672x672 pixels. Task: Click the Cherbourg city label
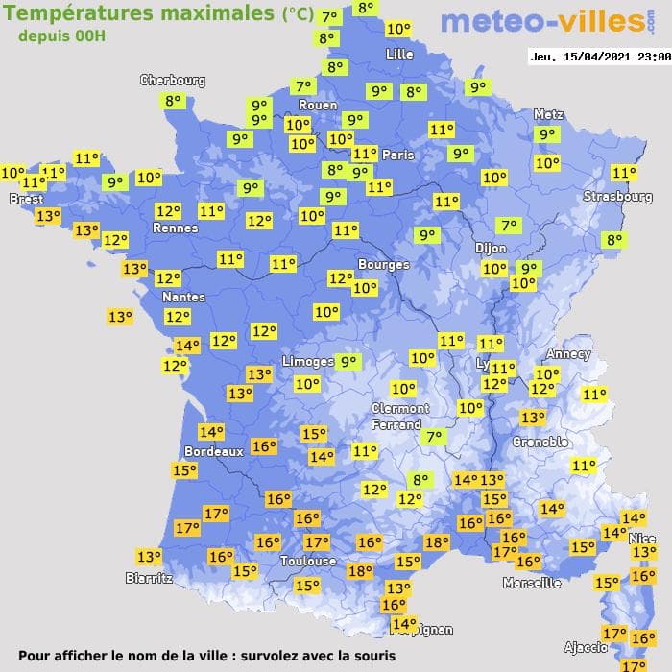pos(173,81)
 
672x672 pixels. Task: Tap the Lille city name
pos(398,54)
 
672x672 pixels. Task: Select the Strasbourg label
pos(617,197)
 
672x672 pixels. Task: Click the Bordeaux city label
pos(213,451)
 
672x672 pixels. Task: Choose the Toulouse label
pos(308,561)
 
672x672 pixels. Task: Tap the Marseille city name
pos(532,583)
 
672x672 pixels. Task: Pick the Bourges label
pos(383,264)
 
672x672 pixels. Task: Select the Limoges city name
pos(307,361)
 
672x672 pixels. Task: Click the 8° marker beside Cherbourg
pos(173,101)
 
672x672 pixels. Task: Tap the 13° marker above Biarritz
pos(149,556)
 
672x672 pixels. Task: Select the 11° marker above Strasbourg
pos(624,173)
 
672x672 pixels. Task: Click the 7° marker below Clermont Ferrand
pos(434,437)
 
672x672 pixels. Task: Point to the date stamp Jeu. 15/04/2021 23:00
pos(599,57)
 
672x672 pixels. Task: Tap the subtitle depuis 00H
pos(62,36)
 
